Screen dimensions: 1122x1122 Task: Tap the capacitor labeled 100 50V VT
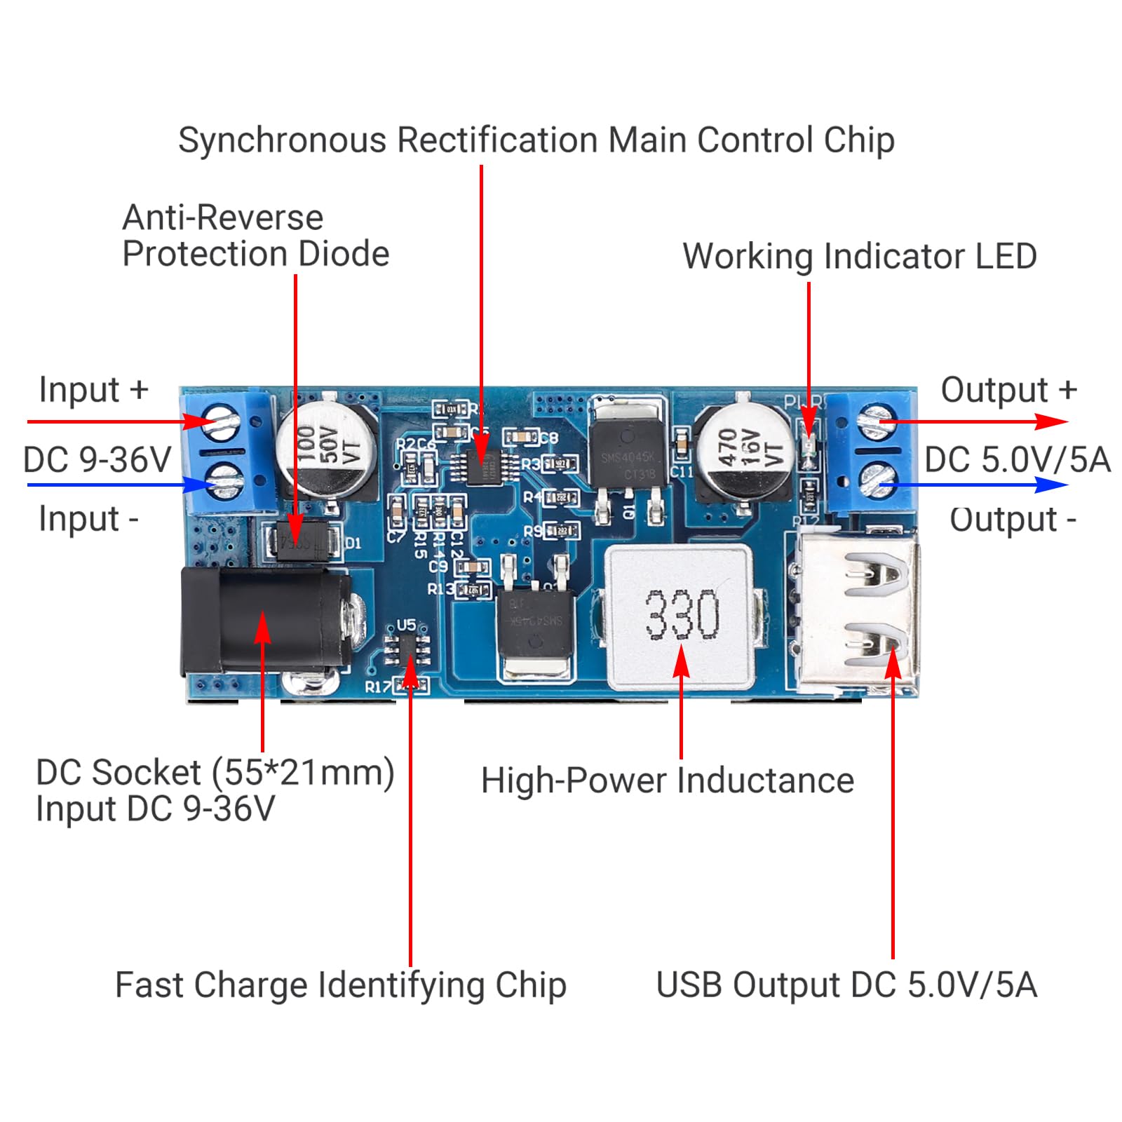tap(326, 450)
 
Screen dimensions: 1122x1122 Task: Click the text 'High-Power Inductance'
tap(667, 780)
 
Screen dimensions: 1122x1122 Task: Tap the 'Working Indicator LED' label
tap(859, 257)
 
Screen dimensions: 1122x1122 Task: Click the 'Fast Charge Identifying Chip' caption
tap(341, 985)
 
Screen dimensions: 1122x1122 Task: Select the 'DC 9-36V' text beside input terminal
tap(97, 461)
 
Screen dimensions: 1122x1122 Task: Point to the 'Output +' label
tap(1008, 391)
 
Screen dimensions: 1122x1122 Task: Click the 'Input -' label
tap(89, 520)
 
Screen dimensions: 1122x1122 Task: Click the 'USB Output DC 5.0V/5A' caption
tap(846, 985)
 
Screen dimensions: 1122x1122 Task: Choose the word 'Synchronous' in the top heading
tap(282, 140)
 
